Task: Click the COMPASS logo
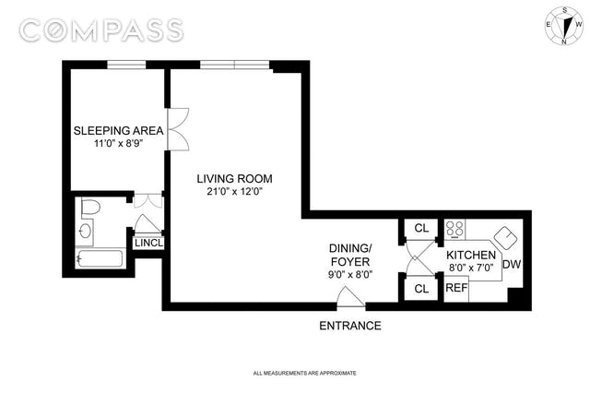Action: point(101,30)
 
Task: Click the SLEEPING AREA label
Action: point(119,131)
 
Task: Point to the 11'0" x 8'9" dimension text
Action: point(119,144)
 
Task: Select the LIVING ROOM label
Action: point(234,178)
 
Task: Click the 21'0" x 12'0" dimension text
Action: point(234,192)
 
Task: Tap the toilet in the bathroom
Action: point(90,208)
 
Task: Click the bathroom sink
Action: point(86,230)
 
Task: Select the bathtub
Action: point(100,258)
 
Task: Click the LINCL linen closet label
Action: point(149,243)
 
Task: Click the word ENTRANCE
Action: point(350,326)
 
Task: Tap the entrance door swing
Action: point(350,297)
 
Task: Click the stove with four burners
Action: point(454,229)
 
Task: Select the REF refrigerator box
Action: point(456,289)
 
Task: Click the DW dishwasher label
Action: point(512,265)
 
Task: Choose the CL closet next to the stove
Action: point(421,228)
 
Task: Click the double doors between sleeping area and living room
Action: point(178,129)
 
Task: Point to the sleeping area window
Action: point(126,65)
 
